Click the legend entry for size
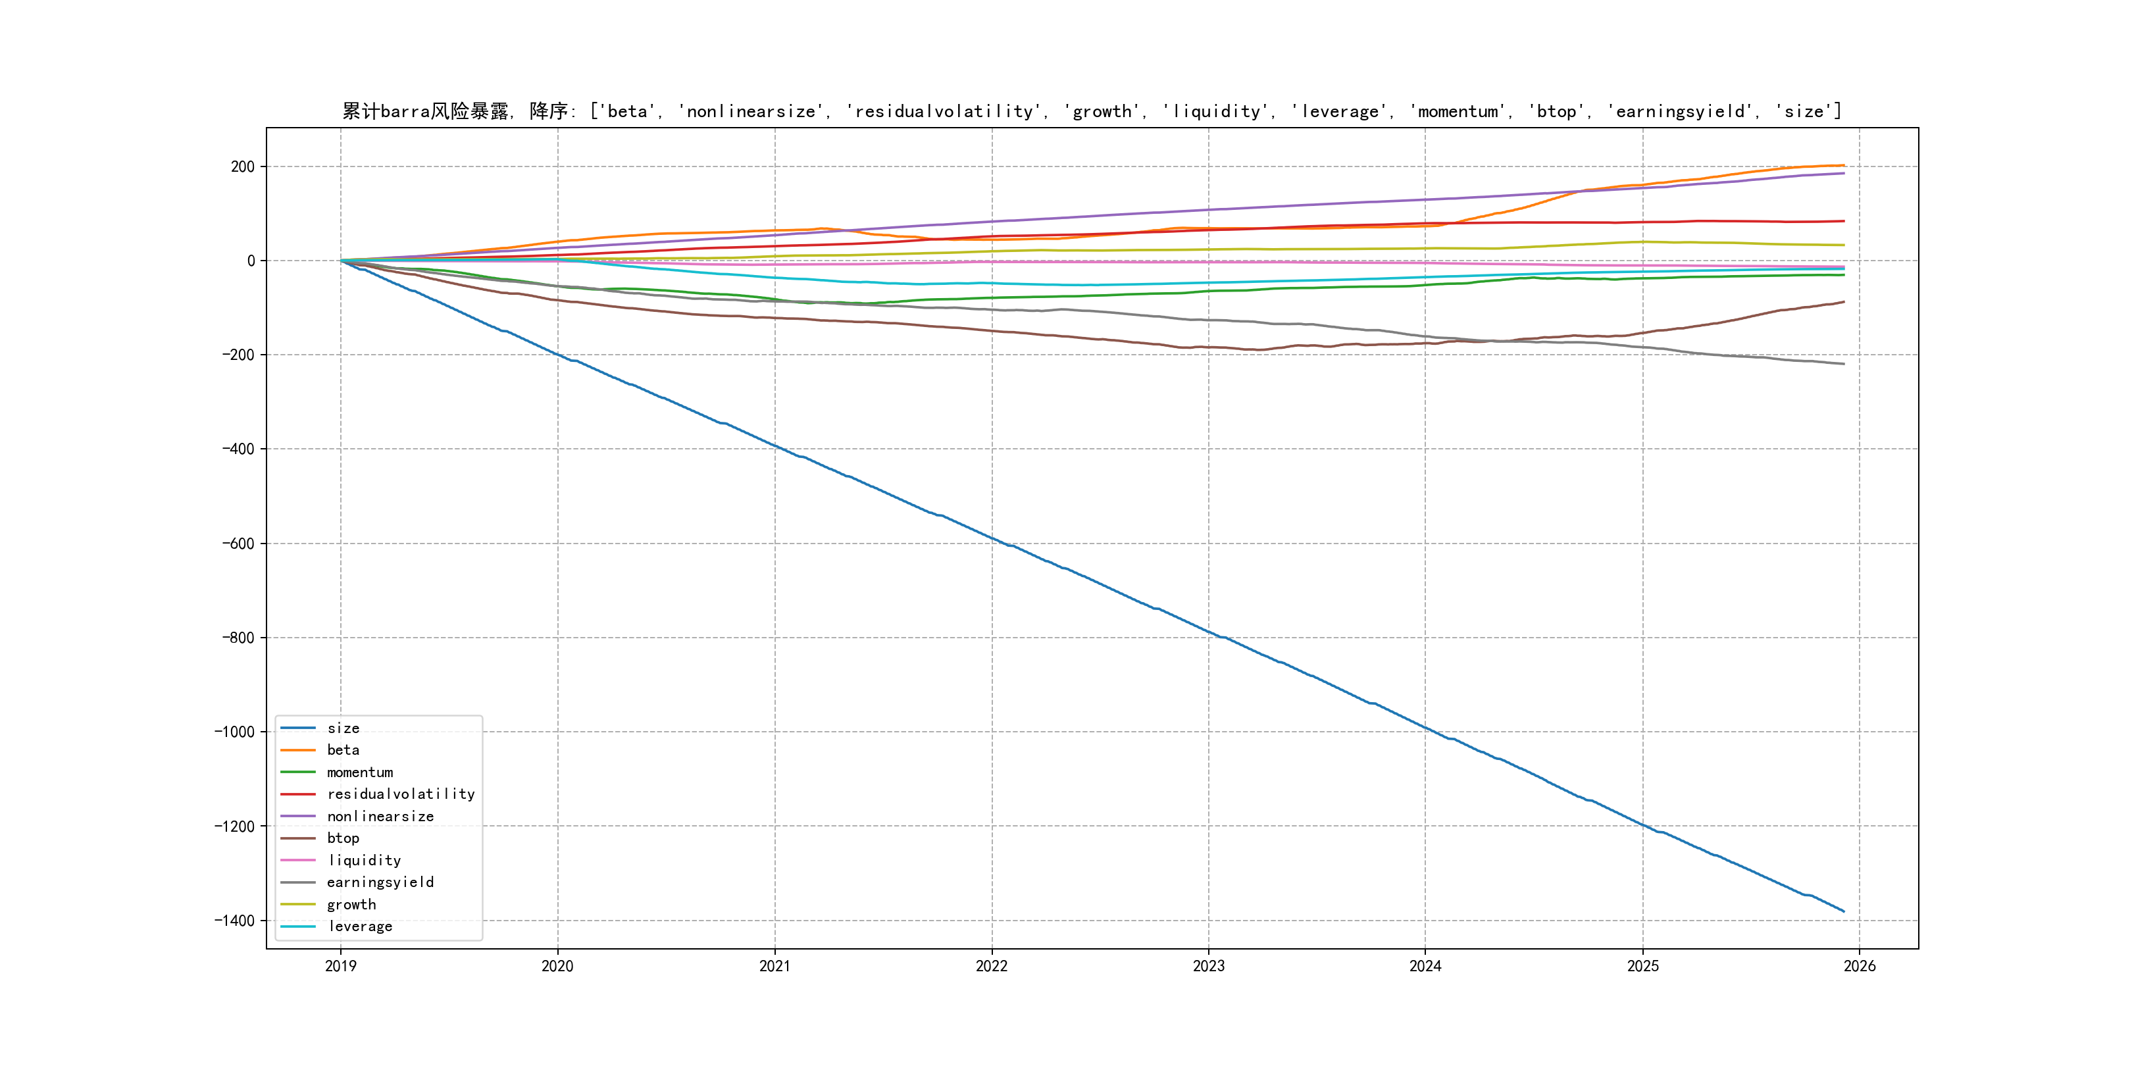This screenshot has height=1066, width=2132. [343, 728]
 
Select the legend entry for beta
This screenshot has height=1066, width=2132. [343, 750]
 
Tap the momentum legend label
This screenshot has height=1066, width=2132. [359, 772]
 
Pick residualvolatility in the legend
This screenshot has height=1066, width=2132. [401, 794]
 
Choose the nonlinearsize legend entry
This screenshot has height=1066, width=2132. [380, 816]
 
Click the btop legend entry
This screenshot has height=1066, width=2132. [343, 838]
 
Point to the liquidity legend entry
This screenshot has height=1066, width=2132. [364, 861]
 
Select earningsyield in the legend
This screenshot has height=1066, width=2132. [380, 882]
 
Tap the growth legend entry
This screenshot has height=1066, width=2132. [351, 905]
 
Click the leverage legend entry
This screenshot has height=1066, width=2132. [360, 926]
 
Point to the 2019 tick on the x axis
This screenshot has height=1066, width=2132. [340, 966]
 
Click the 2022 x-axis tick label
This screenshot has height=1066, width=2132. [992, 966]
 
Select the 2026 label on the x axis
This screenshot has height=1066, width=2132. [1860, 966]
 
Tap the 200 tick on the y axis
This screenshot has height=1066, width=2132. [243, 166]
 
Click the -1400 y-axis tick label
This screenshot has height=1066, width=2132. [234, 921]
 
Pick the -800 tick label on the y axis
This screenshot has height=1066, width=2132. [238, 637]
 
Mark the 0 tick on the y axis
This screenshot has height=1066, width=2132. [251, 261]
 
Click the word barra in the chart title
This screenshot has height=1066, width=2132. [405, 112]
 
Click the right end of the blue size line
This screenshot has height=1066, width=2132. [1844, 911]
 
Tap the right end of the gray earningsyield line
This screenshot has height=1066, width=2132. [1844, 364]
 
